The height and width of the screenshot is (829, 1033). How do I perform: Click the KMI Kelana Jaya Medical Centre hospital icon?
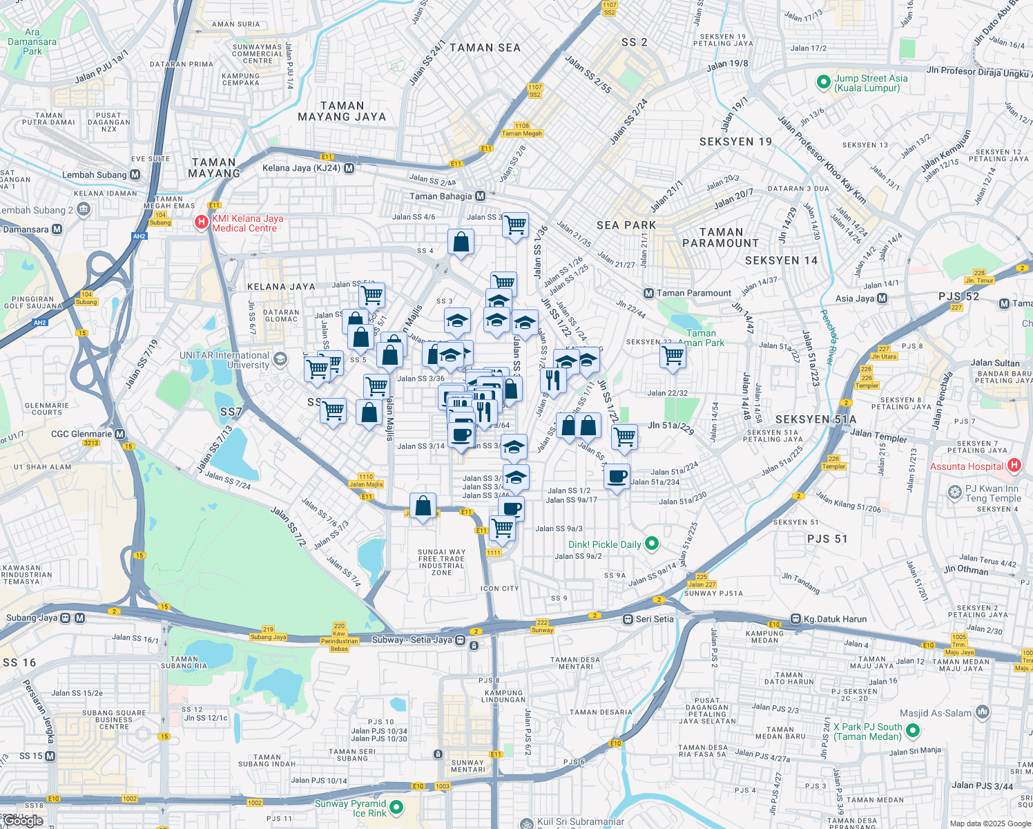click(201, 222)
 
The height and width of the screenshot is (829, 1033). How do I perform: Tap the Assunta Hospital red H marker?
click(1014, 466)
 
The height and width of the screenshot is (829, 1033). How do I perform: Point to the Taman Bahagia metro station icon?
click(480, 196)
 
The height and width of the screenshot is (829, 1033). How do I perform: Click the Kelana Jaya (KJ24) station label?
click(301, 168)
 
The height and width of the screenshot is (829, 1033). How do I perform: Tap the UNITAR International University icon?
click(280, 359)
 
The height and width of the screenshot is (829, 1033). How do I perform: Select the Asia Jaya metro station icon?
click(882, 298)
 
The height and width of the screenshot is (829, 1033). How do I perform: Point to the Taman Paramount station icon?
click(648, 293)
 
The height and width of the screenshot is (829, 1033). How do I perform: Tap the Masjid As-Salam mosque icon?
click(983, 712)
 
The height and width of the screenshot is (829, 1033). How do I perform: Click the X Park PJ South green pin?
click(913, 731)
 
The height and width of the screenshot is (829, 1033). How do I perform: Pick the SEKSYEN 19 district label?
click(735, 142)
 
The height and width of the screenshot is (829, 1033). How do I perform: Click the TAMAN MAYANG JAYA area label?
click(342, 111)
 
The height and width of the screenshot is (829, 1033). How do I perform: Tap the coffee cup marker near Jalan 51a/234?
click(617, 476)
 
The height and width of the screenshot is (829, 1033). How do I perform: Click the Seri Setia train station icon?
click(628, 619)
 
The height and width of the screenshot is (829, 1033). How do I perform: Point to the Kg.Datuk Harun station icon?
click(795, 619)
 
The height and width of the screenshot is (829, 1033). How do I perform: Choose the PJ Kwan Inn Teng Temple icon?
click(955, 493)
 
